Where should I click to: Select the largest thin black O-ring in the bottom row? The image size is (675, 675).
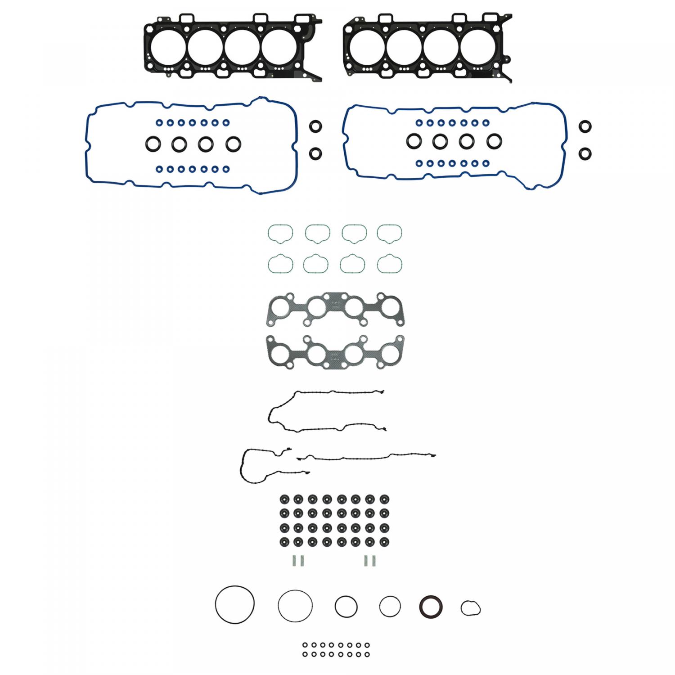tap(234, 604)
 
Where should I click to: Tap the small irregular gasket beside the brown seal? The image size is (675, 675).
tap(470, 608)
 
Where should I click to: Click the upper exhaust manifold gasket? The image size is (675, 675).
tap(334, 309)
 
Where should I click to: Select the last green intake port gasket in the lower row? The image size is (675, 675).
tap(390, 264)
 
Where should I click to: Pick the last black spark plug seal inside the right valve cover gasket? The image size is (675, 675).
tap(494, 141)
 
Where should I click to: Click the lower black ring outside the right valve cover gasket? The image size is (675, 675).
tap(585, 153)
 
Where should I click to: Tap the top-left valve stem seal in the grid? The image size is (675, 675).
tap(284, 499)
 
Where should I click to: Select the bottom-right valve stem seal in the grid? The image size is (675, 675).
tap(384, 541)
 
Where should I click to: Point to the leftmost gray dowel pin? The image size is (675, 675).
tap(293, 561)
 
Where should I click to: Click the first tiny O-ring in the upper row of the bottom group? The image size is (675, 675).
tap(305, 645)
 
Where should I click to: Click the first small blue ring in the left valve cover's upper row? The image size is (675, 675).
tap(159, 122)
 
